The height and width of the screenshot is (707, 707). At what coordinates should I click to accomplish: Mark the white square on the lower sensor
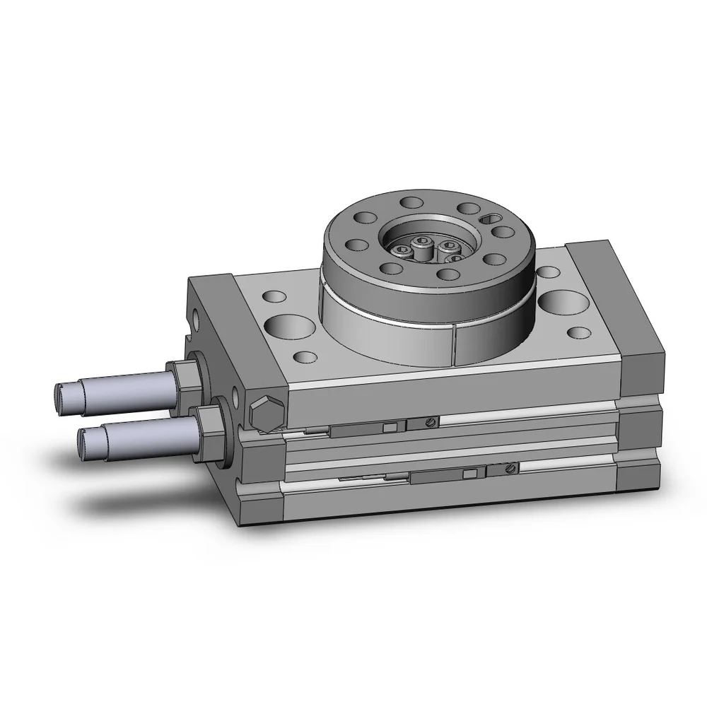coord(467,474)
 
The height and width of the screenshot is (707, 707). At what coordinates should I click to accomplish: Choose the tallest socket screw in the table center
coord(422,243)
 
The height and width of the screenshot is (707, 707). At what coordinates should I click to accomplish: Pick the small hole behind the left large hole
coord(270,298)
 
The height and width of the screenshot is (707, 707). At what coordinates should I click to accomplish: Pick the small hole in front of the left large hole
coord(304,357)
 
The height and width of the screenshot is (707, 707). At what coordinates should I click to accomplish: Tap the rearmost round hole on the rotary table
coord(409,203)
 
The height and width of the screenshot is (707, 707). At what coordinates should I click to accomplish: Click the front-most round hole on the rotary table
coord(447,274)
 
